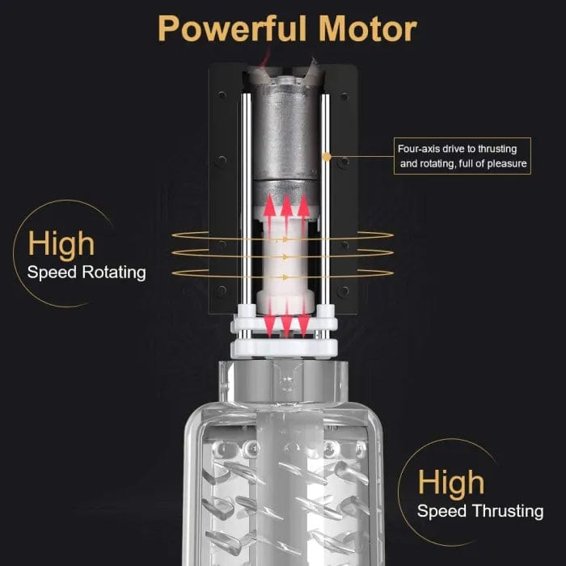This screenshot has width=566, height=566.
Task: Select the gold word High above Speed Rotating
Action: coord(61,243)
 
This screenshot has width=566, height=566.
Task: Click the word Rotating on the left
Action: coord(114,272)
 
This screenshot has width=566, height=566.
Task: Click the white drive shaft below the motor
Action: coord(283,267)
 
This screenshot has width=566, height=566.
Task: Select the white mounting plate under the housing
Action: coord(283,348)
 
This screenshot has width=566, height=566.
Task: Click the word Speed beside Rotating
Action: coord(53,272)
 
